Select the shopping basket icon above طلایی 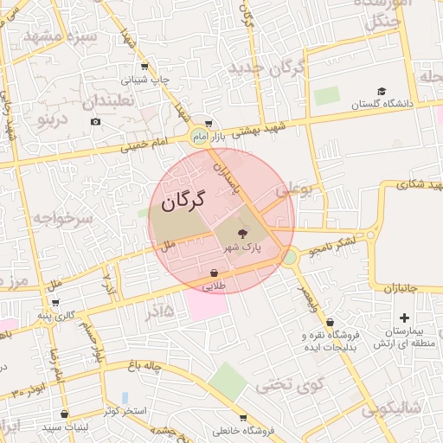(x=213, y=273)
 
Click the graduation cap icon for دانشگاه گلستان (x=382, y=92)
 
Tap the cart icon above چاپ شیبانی (x=144, y=67)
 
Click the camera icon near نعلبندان (x=95, y=121)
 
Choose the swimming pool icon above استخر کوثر (x=125, y=397)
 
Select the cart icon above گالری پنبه (x=55, y=303)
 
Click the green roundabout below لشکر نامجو (x=289, y=257)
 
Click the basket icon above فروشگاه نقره (x=330, y=323)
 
